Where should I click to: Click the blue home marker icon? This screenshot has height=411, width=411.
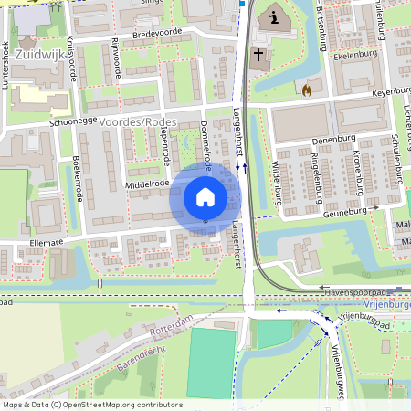(205, 196)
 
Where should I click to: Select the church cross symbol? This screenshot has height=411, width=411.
(258, 56)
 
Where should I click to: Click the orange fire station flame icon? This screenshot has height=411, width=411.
(307, 90)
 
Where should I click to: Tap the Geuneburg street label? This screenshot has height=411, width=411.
(344, 212)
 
